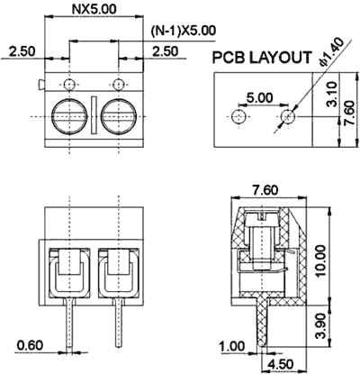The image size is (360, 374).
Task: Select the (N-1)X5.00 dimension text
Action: pyautogui.click(x=183, y=30)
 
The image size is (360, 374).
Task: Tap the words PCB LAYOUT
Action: pyautogui.click(x=262, y=59)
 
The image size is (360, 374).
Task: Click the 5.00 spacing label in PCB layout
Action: pyautogui.click(x=260, y=96)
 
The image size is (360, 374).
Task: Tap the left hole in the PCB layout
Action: pyautogui.click(x=238, y=117)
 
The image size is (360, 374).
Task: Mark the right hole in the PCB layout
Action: pyautogui.click(x=287, y=116)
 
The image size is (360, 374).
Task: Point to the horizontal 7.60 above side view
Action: pyautogui.click(x=265, y=188)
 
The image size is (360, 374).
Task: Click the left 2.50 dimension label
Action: pyautogui.click(x=23, y=52)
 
